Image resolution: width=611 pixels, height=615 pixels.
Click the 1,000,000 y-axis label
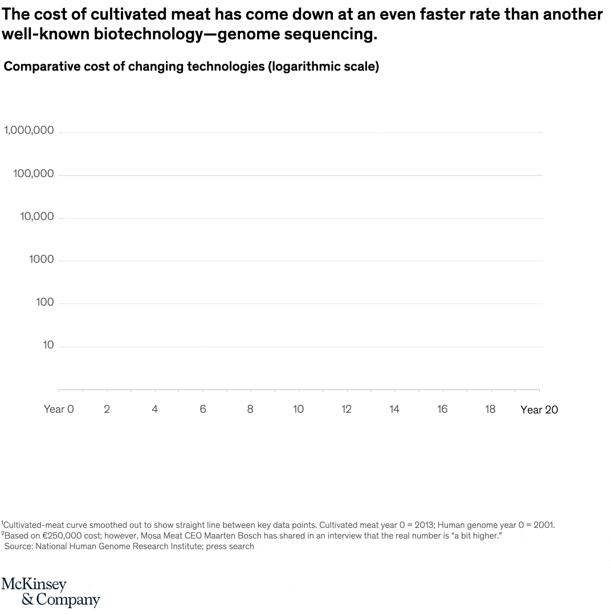coord(29,130)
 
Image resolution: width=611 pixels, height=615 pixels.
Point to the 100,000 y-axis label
coord(34,174)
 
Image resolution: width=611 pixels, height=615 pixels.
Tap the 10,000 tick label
coord(37,216)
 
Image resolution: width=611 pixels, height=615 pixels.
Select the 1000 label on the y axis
coord(41,259)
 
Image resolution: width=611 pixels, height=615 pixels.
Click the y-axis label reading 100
coord(44,302)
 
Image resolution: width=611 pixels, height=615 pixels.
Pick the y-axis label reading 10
coord(48,345)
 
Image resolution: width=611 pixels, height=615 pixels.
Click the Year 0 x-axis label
coord(59,409)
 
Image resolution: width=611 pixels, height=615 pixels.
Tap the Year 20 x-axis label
coord(539,409)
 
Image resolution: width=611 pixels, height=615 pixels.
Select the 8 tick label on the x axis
coord(250,409)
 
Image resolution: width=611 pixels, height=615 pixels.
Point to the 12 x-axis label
coord(346,409)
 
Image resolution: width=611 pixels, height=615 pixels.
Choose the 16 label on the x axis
coord(442,409)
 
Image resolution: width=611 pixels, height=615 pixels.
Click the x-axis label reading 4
coord(154,409)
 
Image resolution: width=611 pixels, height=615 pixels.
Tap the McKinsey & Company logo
coord(51,592)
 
